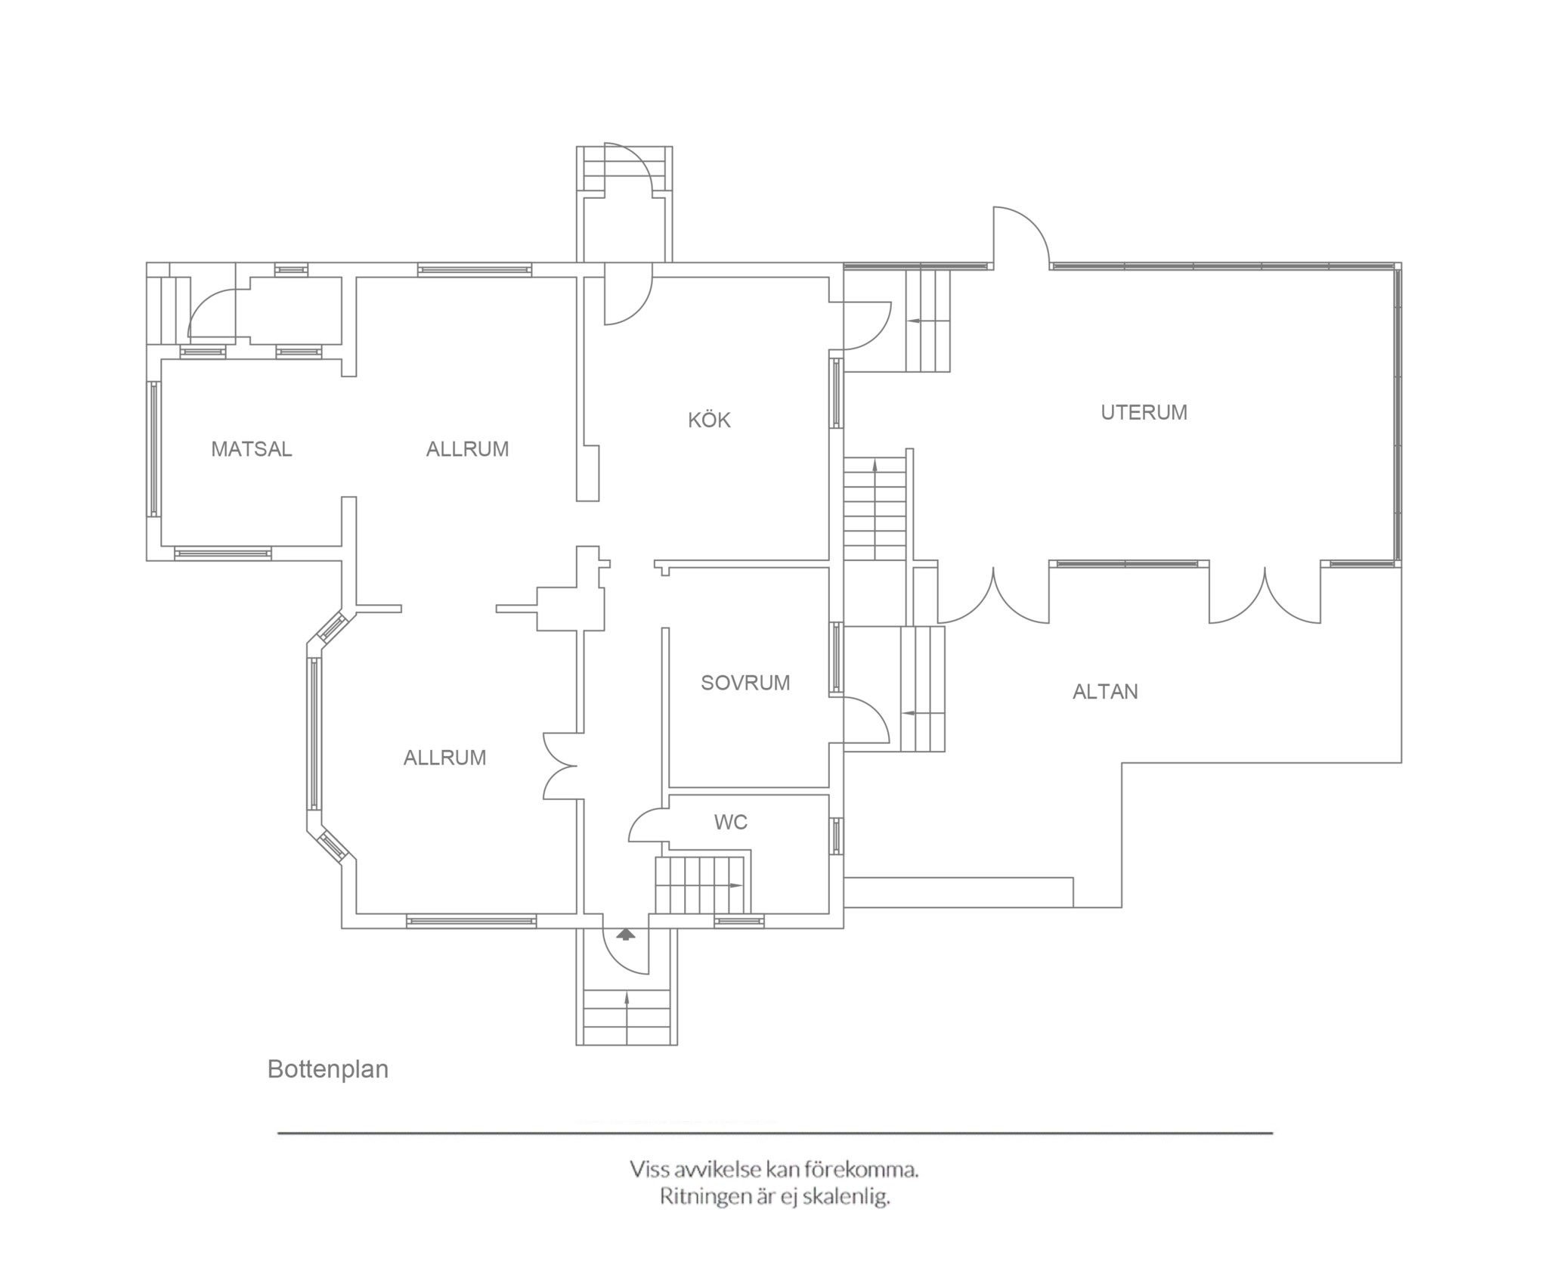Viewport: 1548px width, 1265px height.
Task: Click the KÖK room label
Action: pos(709,420)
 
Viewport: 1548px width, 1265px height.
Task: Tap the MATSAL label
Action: pos(252,449)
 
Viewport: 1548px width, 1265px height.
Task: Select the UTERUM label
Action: pos(1144,412)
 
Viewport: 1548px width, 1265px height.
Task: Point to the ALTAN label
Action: pos(1105,692)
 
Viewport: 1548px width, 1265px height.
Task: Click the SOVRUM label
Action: pos(745,683)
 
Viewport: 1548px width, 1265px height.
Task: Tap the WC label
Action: pos(731,822)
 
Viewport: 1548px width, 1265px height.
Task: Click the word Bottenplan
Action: pos(328,1069)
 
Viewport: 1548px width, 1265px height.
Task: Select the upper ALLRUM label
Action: pos(467,449)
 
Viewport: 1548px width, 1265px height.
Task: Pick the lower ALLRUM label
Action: pos(444,758)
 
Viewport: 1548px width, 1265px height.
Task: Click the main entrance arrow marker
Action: pos(626,935)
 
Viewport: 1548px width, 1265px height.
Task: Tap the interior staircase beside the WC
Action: pos(702,885)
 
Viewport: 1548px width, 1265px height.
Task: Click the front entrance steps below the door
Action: pos(627,1016)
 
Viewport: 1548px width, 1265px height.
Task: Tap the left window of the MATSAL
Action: pos(154,449)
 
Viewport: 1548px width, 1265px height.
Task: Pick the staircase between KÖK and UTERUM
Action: pos(875,508)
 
